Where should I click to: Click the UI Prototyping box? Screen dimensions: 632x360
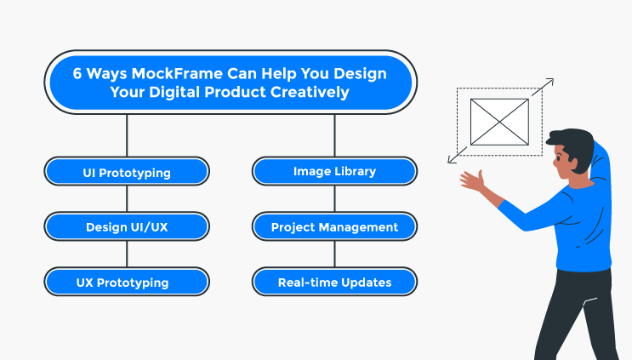pos(127,171)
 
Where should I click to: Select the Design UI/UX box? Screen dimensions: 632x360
pos(127,226)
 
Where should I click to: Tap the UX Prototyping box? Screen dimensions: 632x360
pos(127,282)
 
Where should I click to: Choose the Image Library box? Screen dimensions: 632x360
pos(334,171)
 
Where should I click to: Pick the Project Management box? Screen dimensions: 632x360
pos(334,226)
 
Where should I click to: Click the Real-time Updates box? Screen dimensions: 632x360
pos(334,282)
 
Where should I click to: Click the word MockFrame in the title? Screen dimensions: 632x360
pos(177,74)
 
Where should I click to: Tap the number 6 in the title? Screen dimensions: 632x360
pos(77,74)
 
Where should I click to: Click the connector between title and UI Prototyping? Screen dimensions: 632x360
pos(127,135)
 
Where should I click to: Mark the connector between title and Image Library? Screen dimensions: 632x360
pos(334,135)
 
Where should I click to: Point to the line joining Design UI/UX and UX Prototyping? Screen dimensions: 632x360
pos(127,254)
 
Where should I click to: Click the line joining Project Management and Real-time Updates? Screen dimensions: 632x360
pos(334,254)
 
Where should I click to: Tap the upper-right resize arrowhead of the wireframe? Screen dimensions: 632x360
pos(550,82)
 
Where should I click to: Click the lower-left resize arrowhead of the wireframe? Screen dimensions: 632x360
pos(451,160)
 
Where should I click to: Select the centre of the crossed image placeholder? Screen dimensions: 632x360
pos(499,122)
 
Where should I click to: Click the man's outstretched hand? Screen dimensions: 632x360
pos(473,180)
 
